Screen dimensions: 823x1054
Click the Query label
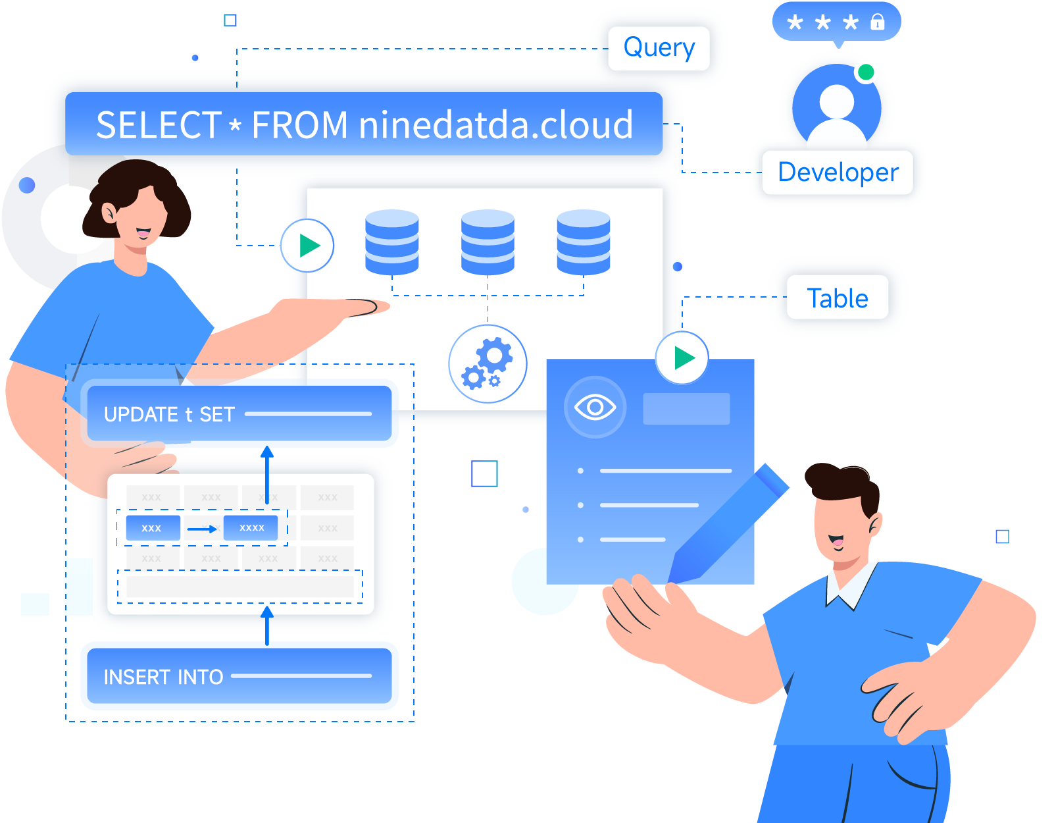tap(659, 48)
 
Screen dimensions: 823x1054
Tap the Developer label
tap(838, 173)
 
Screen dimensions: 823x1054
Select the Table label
tap(837, 298)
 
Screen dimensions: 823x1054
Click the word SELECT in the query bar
tap(158, 125)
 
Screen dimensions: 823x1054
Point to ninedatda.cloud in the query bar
tap(495, 125)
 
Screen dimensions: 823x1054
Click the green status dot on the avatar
tap(866, 72)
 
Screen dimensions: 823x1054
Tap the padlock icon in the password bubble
tap(877, 22)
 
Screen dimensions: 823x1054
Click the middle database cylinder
tap(488, 242)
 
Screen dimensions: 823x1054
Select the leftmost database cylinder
tap(392, 242)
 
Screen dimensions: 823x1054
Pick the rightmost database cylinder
tap(583, 242)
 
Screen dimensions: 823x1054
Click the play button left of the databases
tap(308, 246)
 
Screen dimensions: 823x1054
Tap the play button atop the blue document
tap(682, 358)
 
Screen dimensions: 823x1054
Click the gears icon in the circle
tap(488, 363)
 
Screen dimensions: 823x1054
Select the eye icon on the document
tap(595, 408)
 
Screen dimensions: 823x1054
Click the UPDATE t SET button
tap(239, 413)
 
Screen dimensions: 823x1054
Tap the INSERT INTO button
tap(239, 676)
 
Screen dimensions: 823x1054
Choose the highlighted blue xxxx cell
tap(251, 527)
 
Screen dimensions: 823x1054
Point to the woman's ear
tap(109, 213)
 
